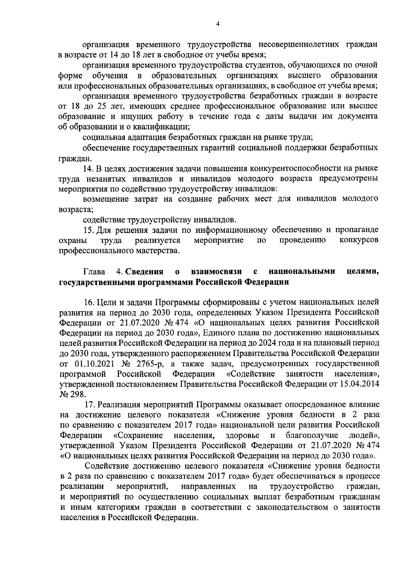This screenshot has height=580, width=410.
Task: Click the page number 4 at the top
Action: coord(218,24)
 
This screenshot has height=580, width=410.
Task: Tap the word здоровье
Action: coord(242,436)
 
